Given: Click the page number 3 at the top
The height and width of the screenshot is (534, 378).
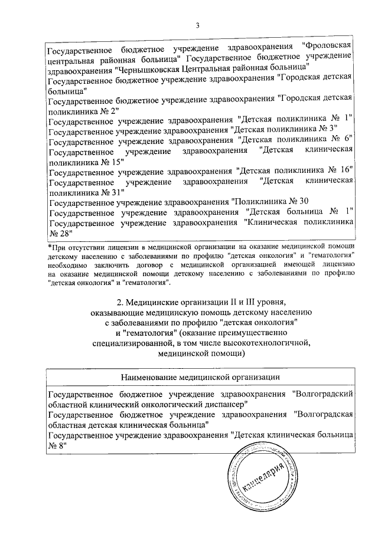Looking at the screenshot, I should tap(197, 25).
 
